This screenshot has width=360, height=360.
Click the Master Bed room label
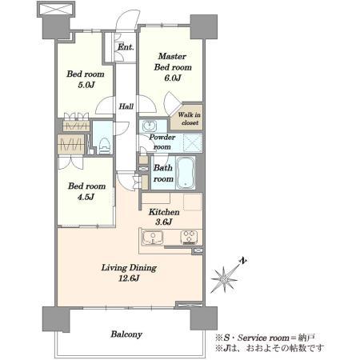(x=173, y=62)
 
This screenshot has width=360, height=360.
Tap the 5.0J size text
(x=86, y=85)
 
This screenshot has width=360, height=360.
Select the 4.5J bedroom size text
(x=86, y=197)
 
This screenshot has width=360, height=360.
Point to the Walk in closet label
(x=189, y=118)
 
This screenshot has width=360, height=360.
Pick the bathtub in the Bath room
(x=186, y=173)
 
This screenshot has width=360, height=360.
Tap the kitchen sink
(x=153, y=238)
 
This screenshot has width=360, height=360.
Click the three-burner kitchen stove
(x=189, y=237)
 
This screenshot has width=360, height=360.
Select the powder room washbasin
(x=150, y=126)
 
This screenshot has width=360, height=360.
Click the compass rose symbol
(x=224, y=279)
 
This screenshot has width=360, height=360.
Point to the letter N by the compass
(x=242, y=260)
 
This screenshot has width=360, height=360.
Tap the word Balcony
(x=126, y=334)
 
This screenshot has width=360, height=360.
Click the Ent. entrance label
(x=126, y=47)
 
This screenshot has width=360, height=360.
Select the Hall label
(x=126, y=106)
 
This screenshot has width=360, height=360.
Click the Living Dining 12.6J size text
(x=129, y=278)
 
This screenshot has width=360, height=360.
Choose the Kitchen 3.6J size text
(x=163, y=222)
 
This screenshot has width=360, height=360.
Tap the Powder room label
(x=162, y=142)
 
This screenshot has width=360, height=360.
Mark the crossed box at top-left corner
(x=55, y=10)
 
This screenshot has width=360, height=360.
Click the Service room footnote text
(x=265, y=338)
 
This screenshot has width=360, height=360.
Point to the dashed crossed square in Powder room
(x=192, y=143)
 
